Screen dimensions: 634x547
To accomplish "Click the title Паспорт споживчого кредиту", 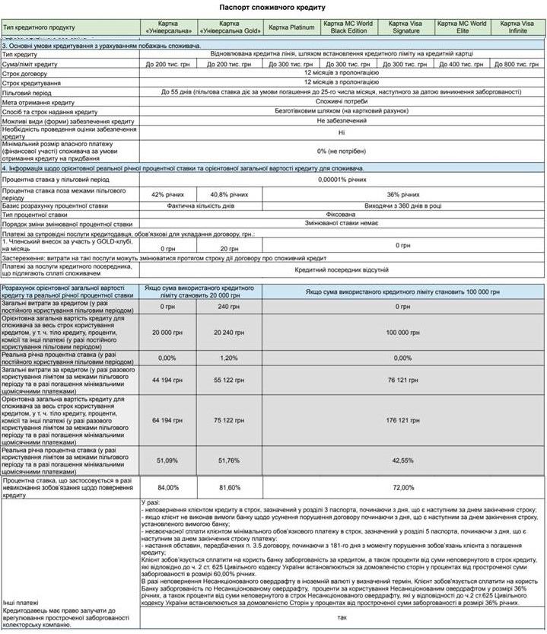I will [x=272, y=6].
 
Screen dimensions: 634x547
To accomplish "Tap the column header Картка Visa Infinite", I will [x=518, y=27].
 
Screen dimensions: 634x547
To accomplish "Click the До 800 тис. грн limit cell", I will [x=518, y=65].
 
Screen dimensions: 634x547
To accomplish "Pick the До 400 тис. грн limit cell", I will [x=462, y=65].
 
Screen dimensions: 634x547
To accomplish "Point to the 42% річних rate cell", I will [x=167, y=194].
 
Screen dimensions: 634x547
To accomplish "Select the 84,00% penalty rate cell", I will [x=167, y=487].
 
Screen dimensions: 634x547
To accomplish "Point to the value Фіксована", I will [x=342, y=215].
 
